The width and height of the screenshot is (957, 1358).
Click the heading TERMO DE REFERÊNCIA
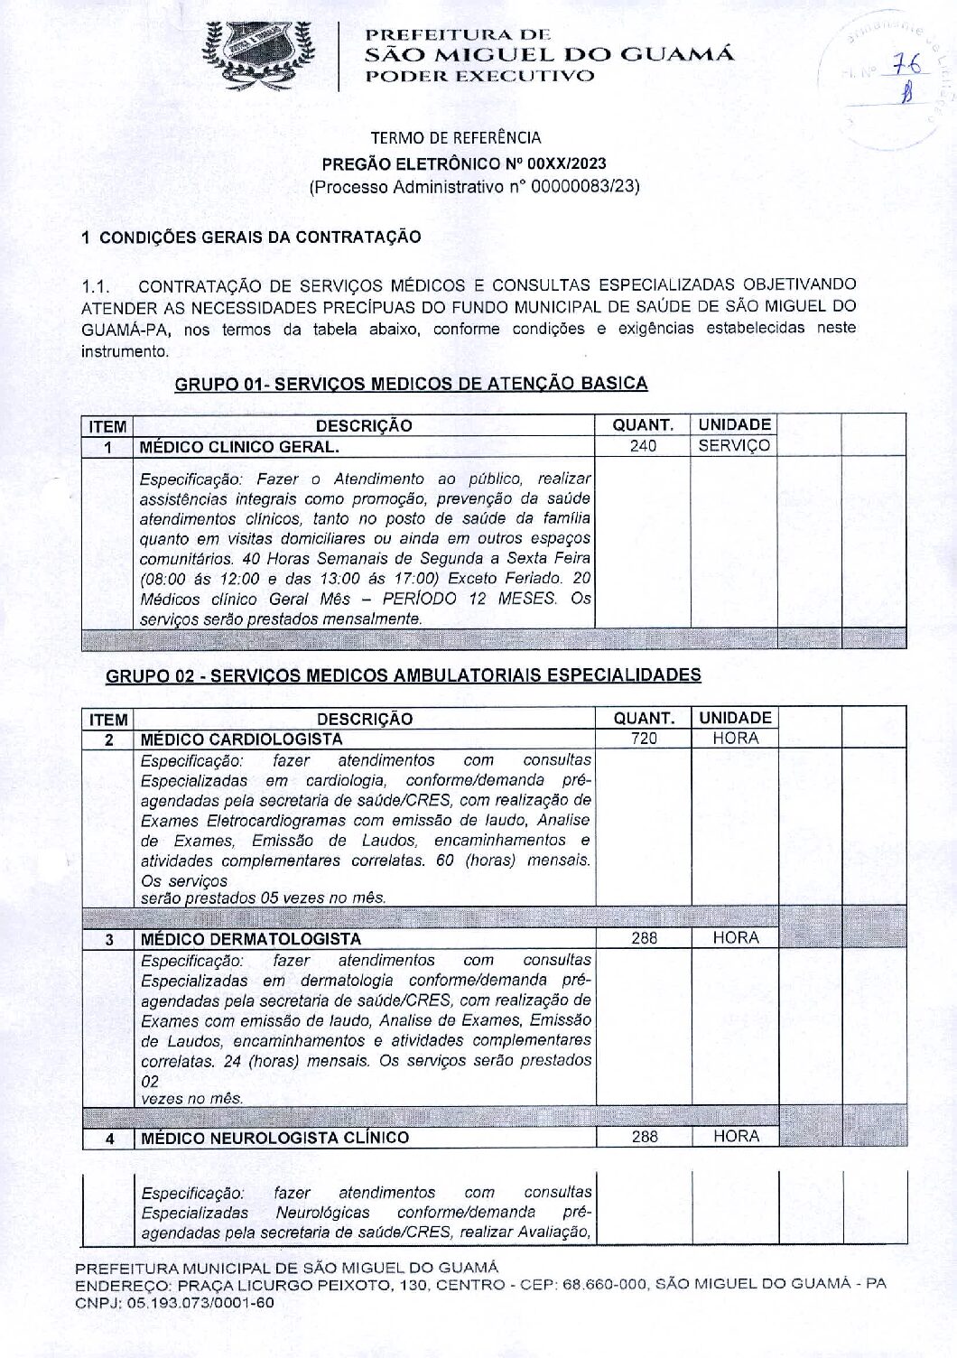(x=456, y=138)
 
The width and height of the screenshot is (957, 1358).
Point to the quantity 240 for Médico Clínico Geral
(x=643, y=446)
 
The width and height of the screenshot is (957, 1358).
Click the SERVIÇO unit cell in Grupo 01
(x=734, y=446)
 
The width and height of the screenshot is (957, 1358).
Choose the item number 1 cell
(x=107, y=447)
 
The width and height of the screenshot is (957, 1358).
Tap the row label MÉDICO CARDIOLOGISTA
(x=241, y=739)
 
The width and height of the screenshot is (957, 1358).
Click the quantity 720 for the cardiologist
(x=644, y=739)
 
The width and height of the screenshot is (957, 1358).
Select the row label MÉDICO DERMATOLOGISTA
(x=251, y=939)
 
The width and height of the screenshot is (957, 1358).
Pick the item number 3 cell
(x=108, y=939)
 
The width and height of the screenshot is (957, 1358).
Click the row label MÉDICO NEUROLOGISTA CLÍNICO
(x=274, y=1138)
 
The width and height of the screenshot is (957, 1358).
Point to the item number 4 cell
(x=108, y=1139)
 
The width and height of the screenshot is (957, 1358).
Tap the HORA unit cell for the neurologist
(x=735, y=1137)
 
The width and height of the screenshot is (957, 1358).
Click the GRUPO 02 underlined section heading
(x=404, y=674)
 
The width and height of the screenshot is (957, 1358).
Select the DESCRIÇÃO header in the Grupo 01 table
(x=364, y=425)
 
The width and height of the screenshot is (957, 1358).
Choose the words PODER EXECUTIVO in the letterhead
(x=479, y=76)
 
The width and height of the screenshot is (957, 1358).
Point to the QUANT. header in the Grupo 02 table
(x=644, y=719)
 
